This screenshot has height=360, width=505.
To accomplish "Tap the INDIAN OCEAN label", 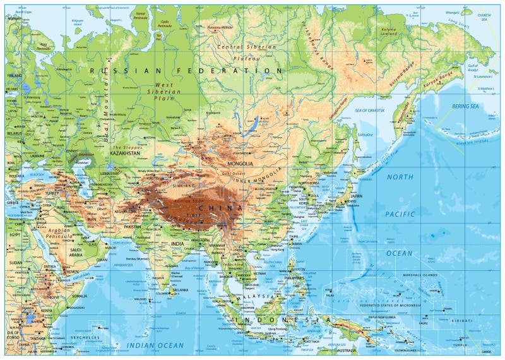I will [x=155, y=345].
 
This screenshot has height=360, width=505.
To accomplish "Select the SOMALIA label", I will [x=80, y=296].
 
